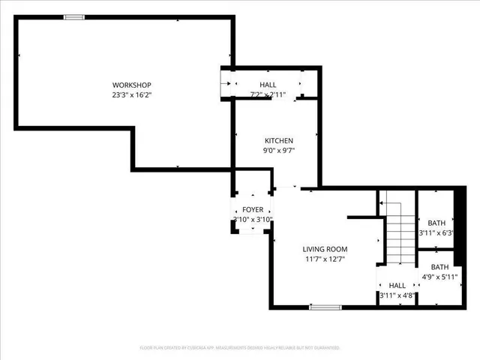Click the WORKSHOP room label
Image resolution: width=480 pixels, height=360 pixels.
(x=132, y=84)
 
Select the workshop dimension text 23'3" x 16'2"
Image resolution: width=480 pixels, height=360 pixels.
(x=132, y=95)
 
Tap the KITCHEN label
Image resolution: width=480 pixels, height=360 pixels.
(x=278, y=141)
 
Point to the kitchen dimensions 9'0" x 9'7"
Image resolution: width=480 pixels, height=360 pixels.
(x=278, y=151)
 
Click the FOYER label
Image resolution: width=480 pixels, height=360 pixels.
(x=252, y=210)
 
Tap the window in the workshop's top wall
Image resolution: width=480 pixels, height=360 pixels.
(x=73, y=17)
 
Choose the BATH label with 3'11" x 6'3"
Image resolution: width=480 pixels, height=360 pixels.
(x=436, y=223)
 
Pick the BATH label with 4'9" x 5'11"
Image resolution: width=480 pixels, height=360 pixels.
(x=439, y=266)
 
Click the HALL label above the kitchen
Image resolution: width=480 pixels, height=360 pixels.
(x=268, y=85)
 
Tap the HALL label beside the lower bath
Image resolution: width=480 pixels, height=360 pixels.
(x=397, y=286)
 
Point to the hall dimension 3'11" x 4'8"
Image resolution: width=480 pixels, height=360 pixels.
(x=397, y=295)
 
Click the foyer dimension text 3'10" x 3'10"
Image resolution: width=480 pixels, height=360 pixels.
(x=252, y=220)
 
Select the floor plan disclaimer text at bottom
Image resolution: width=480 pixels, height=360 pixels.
(x=240, y=348)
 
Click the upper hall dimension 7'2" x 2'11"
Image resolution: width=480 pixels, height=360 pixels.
(x=268, y=94)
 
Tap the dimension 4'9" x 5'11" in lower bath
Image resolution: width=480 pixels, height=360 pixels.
(x=439, y=277)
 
